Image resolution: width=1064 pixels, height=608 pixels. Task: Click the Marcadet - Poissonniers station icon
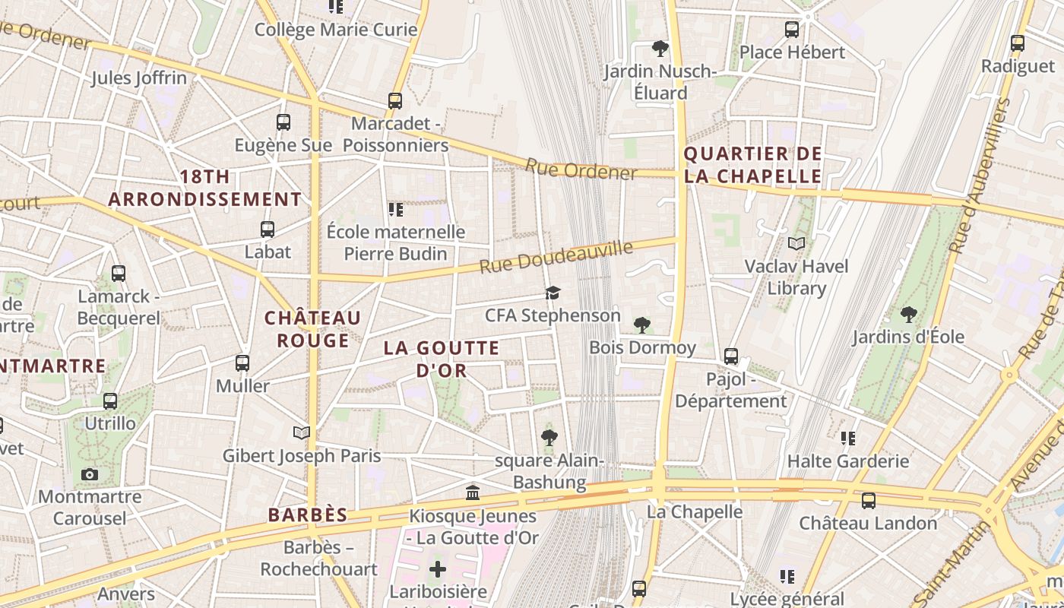pos(394,100)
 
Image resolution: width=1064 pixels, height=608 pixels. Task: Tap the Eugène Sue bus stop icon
pos(283,122)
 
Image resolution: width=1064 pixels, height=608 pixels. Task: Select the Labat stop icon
pos(268,229)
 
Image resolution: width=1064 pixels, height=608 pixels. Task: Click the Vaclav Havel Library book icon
pos(796,243)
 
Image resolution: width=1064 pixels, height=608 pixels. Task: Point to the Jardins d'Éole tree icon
pos(908,314)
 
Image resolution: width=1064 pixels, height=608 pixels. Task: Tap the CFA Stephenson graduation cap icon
pos(553,293)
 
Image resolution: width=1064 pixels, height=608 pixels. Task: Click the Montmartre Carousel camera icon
pos(90,475)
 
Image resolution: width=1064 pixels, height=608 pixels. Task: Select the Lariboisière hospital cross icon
pos(438,568)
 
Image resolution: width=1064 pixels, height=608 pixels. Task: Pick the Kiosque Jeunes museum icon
pos(473,493)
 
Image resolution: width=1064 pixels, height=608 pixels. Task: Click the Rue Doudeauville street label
pos(556,256)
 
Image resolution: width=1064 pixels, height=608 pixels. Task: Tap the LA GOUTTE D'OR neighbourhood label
pos(442,359)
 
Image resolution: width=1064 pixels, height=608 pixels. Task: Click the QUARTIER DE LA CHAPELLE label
pos(752,165)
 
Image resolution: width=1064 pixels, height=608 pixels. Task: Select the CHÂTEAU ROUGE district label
pos(312,328)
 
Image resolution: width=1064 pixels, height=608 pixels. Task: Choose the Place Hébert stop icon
pos(792,30)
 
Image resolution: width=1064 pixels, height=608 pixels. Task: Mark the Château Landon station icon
pos(868,501)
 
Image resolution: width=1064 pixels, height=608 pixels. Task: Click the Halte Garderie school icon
pos(848,438)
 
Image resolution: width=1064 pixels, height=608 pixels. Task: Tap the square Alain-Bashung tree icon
pos(549,437)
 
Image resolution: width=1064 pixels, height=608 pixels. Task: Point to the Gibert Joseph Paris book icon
pos(302,432)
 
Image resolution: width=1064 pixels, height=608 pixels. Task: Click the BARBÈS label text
pos(308,515)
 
